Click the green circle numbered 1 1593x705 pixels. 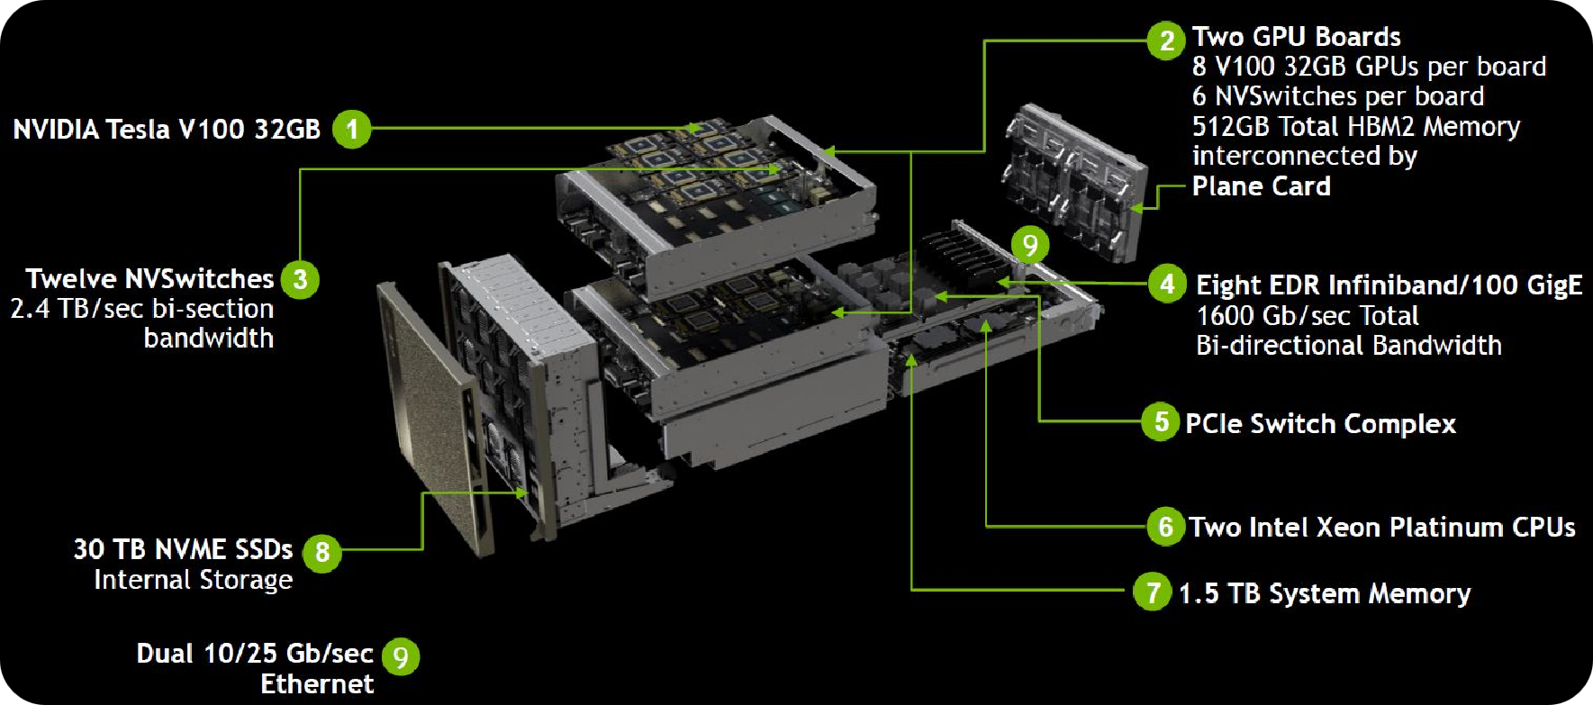pos(352,129)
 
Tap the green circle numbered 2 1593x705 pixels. pos(1166,40)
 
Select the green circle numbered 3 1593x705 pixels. pos(300,279)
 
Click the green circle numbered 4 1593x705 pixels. pos(1167,285)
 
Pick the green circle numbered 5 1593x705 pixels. pos(1161,421)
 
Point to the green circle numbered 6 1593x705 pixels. pos(1165,526)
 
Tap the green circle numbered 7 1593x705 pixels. pos(1152,592)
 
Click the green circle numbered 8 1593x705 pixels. pos(321,551)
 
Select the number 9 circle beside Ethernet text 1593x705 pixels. pos(401,656)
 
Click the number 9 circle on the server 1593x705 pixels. pos(1030,245)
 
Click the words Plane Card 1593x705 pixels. pos(1261,186)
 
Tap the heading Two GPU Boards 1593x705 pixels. pos(1296,37)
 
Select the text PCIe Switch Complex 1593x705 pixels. pos(1320,423)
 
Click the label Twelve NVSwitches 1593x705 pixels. pos(149,279)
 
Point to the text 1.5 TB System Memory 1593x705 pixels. pos(1325,593)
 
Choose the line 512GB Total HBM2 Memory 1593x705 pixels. pos(1355,126)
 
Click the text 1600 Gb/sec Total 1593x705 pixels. pos(1307,316)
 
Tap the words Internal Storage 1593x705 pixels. pos(193,580)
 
